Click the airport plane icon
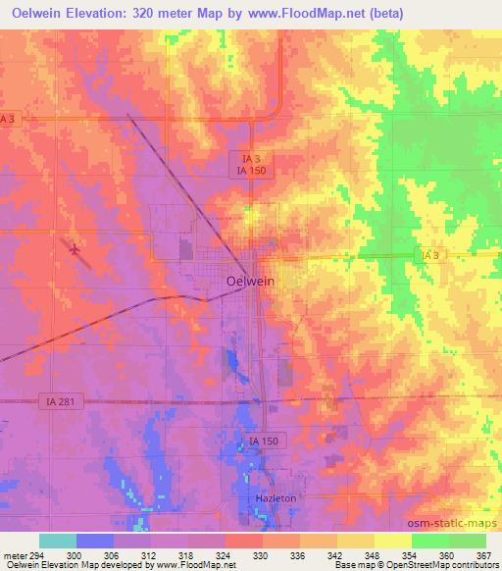click(x=75, y=248)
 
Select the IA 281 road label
click(x=59, y=400)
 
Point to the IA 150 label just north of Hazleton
click(x=264, y=442)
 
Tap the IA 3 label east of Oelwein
click(x=428, y=256)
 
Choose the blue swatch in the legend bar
click(x=95, y=541)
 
